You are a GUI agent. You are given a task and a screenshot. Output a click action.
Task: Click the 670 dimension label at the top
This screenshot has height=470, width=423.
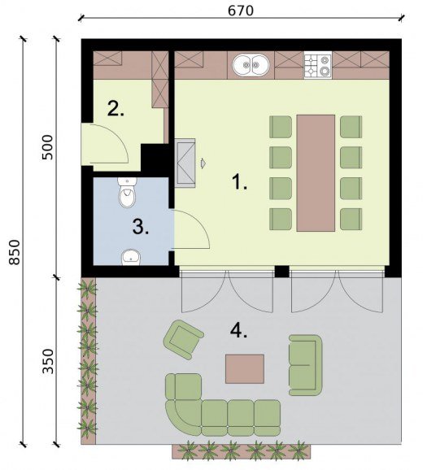[x=241, y=11]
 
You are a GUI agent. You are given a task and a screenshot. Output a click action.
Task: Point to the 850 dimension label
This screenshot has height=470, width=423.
[x=14, y=252]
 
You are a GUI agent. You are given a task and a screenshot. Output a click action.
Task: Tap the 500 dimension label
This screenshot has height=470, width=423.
[x=47, y=147]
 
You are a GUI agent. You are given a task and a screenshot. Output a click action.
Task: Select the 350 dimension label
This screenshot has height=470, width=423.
[x=48, y=361]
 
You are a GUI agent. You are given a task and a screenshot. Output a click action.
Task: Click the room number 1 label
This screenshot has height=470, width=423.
[x=240, y=182]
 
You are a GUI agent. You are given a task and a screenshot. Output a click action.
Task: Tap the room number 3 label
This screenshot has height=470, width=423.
[x=141, y=227]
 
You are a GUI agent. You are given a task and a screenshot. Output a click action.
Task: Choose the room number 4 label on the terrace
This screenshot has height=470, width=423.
[x=239, y=331]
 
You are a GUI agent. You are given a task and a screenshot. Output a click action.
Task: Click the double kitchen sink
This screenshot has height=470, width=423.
[x=251, y=65]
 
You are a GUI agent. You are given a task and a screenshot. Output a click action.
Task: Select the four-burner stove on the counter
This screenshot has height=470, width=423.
[x=318, y=65]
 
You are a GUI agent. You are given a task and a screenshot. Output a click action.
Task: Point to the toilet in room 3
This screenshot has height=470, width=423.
[x=127, y=193]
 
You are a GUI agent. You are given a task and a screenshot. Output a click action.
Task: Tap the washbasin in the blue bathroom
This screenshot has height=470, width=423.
[x=131, y=258]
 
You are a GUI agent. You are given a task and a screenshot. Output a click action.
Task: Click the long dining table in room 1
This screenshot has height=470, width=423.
[x=316, y=173]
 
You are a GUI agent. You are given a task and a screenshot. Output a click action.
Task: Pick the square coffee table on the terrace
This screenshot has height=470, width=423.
[x=245, y=368]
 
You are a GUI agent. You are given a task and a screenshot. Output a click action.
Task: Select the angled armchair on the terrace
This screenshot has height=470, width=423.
[x=183, y=340]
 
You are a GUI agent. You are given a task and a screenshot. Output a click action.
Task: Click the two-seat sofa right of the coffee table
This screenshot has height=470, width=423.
[x=305, y=365]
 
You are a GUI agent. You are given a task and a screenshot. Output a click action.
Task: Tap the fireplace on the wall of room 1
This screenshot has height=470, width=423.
[x=185, y=163]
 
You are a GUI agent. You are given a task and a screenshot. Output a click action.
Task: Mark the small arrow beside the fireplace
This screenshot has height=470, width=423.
[x=203, y=163]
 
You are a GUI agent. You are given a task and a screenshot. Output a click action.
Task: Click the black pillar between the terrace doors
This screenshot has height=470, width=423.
[x=281, y=272]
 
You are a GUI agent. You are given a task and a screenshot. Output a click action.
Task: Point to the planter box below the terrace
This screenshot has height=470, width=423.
[x=242, y=451]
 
